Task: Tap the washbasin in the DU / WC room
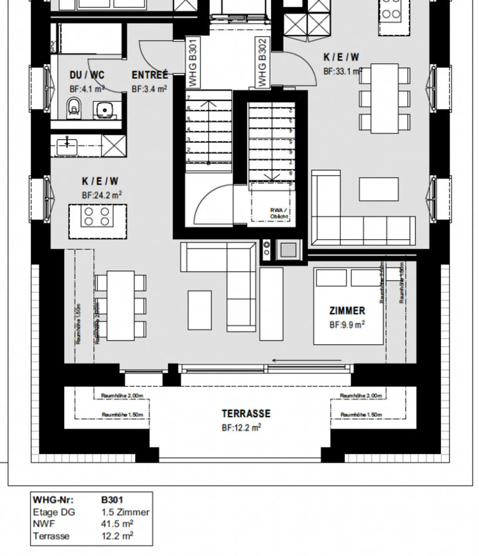pyautogui.click(x=105, y=110)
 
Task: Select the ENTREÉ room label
pyautogui.click(x=150, y=75)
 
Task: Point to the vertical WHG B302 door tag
pyautogui.click(x=262, y=63)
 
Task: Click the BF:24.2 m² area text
pyautogui.click(x=102, y=195)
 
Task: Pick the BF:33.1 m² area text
pyautogui.click(x=343, y=71)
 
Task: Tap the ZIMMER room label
pyautogui.click(x=347, y=311)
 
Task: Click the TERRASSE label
pyautogui.click(x=246, y=414)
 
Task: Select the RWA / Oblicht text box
pyautogui.click(x=279, y=213)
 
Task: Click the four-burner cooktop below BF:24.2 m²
pyautogui.click(x=97, y=217)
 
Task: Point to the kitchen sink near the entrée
pyautogui.click(x=67, y=145)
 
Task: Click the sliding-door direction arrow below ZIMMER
pyautogui.click(x=306, y=360)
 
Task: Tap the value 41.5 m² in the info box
pyautogui.click(x=117, y=524)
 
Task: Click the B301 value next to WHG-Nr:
pyautogui.click(x=112, y=500)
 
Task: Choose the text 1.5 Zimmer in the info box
pyautogui.click(x=125, y=512)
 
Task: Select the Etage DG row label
pyautogui.click(x=54, y=512)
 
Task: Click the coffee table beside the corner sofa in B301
pyautogui.click(x=200, y=310)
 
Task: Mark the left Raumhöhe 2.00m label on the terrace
pyautogui.click(x=122, y=396)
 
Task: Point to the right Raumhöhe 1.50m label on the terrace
pyautogui.click(x=361, y=415)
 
